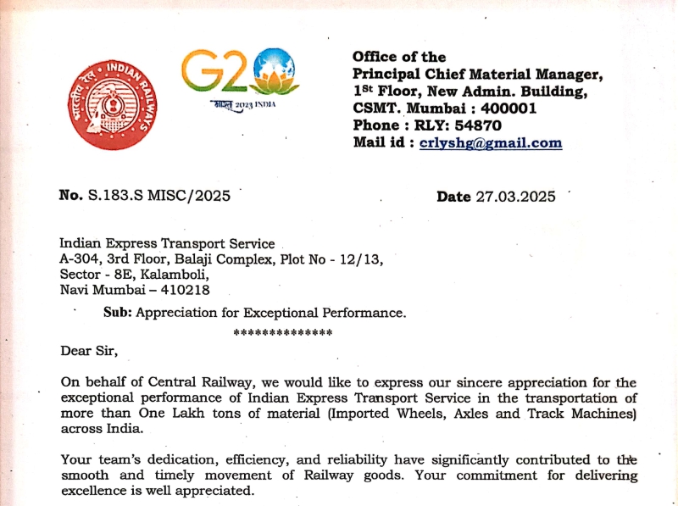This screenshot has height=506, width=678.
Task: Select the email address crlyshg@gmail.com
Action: point(491,142)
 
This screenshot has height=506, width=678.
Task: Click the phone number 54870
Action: point(478,125)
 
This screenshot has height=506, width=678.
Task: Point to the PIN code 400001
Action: point(508,108)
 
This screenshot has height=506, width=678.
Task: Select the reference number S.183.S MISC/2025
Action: point(159,196)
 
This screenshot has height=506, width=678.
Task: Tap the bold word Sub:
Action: point(118,313)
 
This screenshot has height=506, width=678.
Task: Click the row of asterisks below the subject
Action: point(282,332)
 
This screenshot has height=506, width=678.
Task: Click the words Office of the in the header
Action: point(399,57)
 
